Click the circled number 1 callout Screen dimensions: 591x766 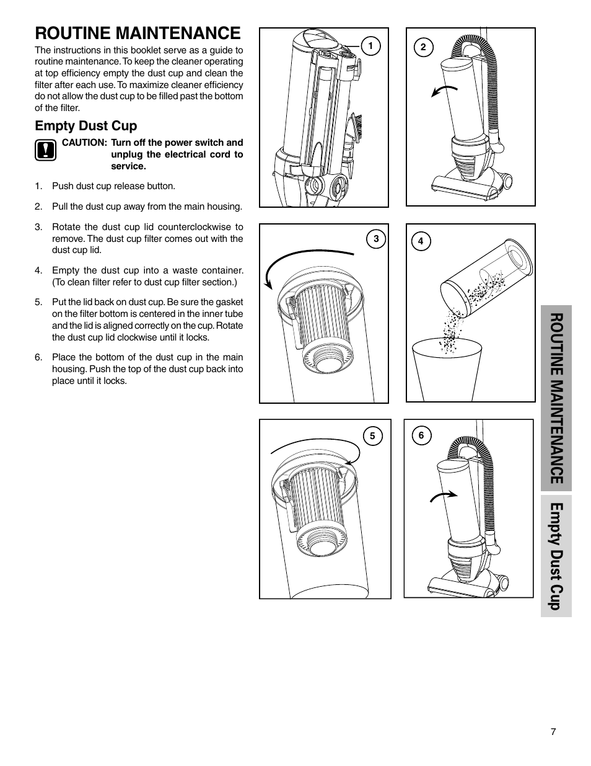(x=370, y=46)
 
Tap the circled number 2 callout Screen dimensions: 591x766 (x=423, y=48)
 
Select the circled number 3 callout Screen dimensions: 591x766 (x=376, y=239)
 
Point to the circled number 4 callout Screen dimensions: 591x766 (x=421, y=241)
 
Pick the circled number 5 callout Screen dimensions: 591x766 (x=372, y=436)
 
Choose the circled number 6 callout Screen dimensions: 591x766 (x=421, y=435)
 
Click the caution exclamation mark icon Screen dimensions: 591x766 (x=45, y=151)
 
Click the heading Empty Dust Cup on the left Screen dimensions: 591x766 (x=85, y=126)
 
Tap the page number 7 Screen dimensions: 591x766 (x=553, y=731)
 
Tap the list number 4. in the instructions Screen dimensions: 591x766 (x=38, y=270)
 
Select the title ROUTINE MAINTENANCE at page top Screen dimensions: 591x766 (x=138, y=32)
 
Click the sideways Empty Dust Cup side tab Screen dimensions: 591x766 (x=556, y=556)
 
